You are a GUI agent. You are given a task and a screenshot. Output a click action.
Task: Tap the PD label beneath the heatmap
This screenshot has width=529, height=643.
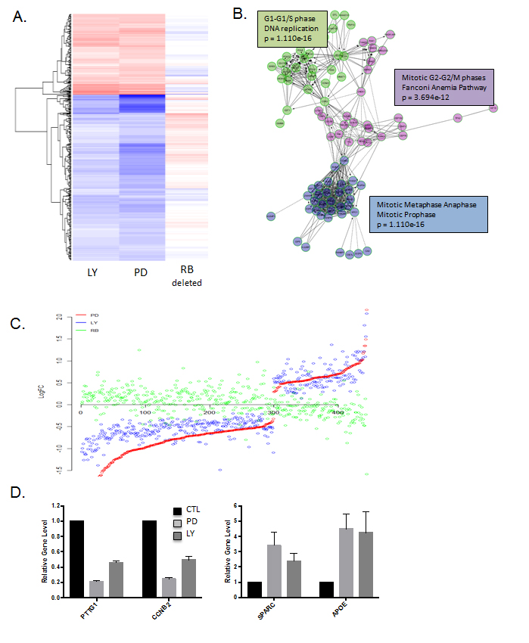141,271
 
